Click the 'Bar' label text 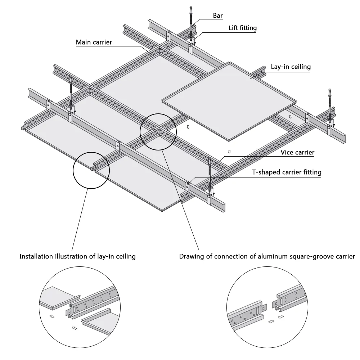click(218, 15)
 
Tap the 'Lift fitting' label click(243, 28)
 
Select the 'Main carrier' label click(94, 42)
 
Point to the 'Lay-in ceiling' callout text click(291, 67)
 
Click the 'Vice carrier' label click(297, 152)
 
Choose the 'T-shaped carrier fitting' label click(287, 172)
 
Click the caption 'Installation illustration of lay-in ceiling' click(78, 256)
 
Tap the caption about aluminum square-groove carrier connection click(267, 256)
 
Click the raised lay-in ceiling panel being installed click(229, 101)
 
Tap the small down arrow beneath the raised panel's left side click(188, 127)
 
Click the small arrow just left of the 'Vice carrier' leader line click(229, 152)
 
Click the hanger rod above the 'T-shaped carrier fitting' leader click(210, 172)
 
